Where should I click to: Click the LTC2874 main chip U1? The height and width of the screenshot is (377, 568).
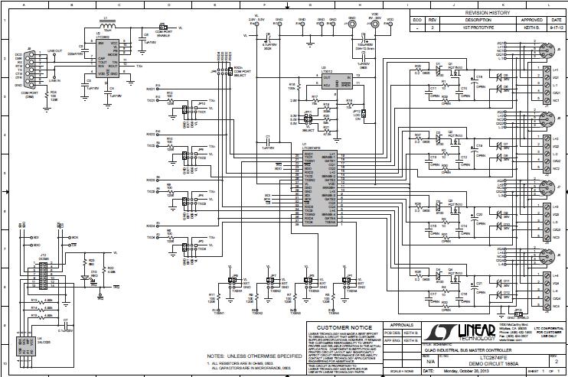point(310,188)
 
